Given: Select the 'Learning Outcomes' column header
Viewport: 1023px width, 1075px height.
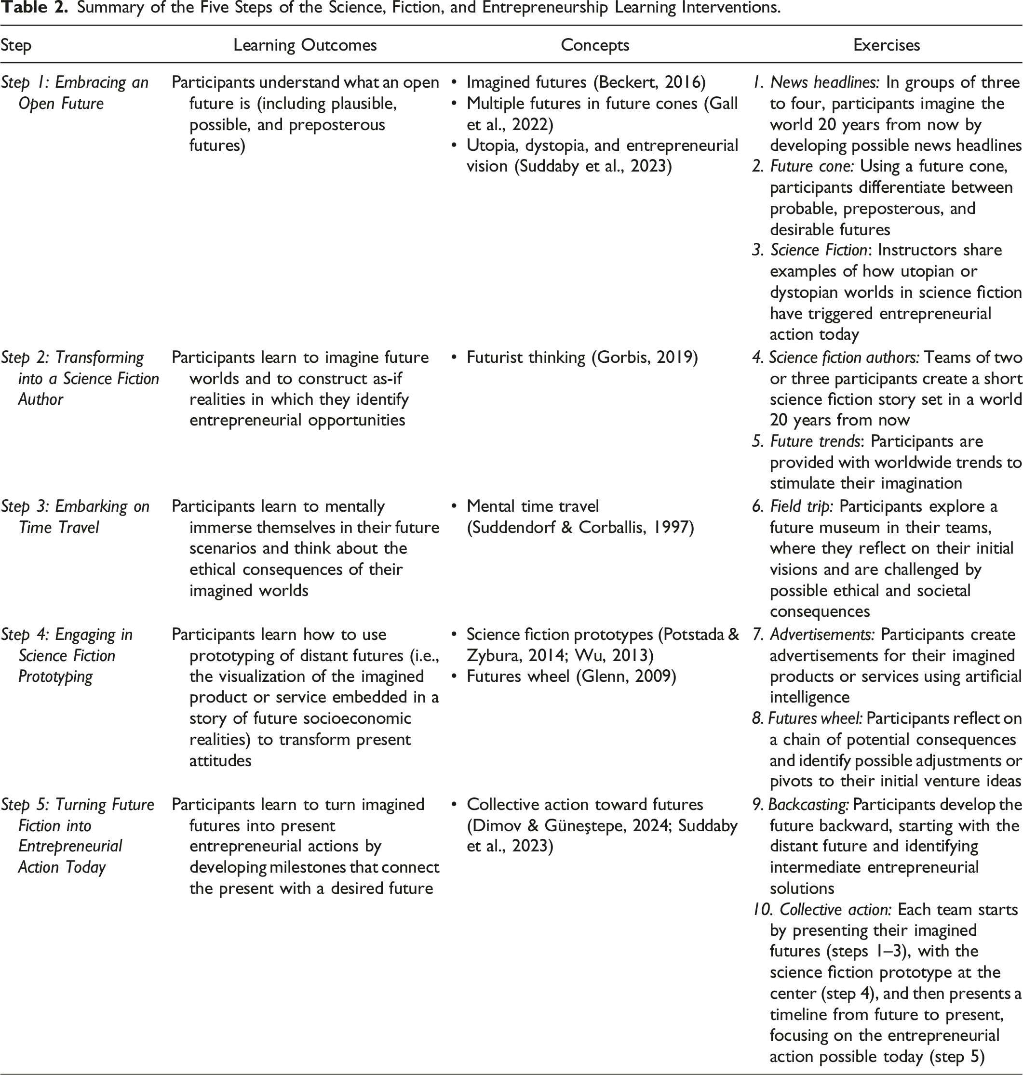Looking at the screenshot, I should pos(305,45).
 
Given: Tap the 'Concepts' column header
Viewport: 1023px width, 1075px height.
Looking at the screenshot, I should pos(595,45).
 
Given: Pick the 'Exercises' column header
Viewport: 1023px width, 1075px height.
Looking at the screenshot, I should pos(886,45).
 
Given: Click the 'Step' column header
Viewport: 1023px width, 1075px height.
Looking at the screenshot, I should pos(16,45).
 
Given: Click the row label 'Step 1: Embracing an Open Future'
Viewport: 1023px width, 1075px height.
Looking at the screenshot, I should pos(75,93).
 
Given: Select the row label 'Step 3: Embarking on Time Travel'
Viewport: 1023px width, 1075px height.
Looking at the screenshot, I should pos(75,517).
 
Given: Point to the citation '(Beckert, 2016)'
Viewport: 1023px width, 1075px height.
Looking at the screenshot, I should pos(649,82).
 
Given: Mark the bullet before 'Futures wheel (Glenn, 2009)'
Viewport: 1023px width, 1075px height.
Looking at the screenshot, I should pos(454,677).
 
